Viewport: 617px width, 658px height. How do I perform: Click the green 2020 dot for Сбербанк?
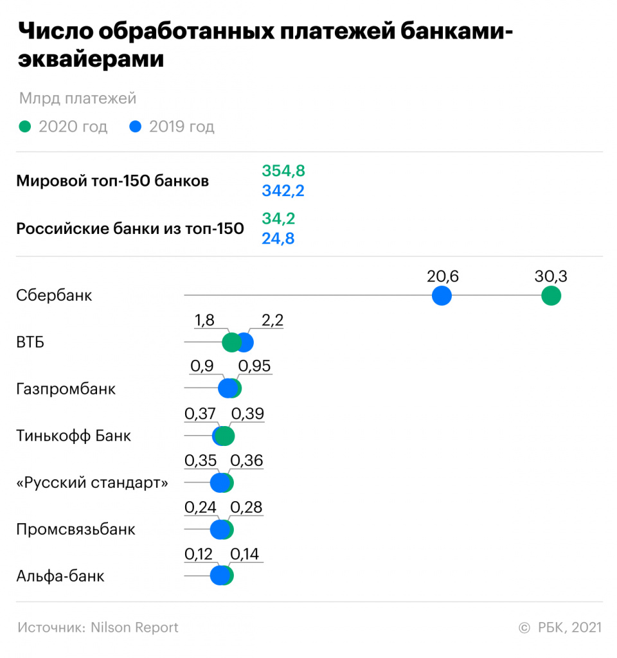tap(551, 296)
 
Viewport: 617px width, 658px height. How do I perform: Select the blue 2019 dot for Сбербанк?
tap(442, 296)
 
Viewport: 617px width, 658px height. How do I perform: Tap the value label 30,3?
tap(551, 276)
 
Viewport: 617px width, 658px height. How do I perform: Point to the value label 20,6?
tap(442, 276)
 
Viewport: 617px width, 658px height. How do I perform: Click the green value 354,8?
tap(283, 171)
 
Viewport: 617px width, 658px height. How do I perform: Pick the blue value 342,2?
tap(283, 191)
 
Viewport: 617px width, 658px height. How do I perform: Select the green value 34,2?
tap(278, 218)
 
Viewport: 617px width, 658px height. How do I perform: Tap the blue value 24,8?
tap(278, 238)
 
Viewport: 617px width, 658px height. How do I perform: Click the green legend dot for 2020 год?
tap(24, 127)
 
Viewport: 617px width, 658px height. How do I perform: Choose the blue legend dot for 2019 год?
tap(135, 127)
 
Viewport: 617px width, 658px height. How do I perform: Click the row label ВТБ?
tap(30, 342)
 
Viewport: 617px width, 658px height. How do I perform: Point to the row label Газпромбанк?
tap(66, 389)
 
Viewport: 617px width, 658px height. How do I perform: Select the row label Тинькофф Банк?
tap(73, 436)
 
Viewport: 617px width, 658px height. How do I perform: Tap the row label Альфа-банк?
tap(60, 576)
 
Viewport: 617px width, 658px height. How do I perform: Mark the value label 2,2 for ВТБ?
tap(272, 321)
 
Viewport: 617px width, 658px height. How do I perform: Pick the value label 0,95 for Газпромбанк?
tap(254, 366)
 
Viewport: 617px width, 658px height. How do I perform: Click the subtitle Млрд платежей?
tap(77, 98)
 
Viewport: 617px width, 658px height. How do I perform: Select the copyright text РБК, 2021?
tap(569, 627)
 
